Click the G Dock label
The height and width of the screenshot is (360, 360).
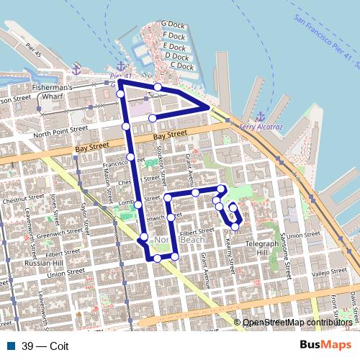pyautogui.click(x=174, y=24)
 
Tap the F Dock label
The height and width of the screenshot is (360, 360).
pyautogui.click(x=174, y=35)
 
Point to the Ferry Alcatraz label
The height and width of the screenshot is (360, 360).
pyautogui.click(x=258, y=127)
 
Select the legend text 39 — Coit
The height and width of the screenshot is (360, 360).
pyautogui.click(x=45, y=345)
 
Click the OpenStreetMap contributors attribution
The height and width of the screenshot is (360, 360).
pyautogui.click(x=297, y=322)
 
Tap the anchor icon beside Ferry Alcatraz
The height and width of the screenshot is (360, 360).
pyautogui.click(x=261, y=116)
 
